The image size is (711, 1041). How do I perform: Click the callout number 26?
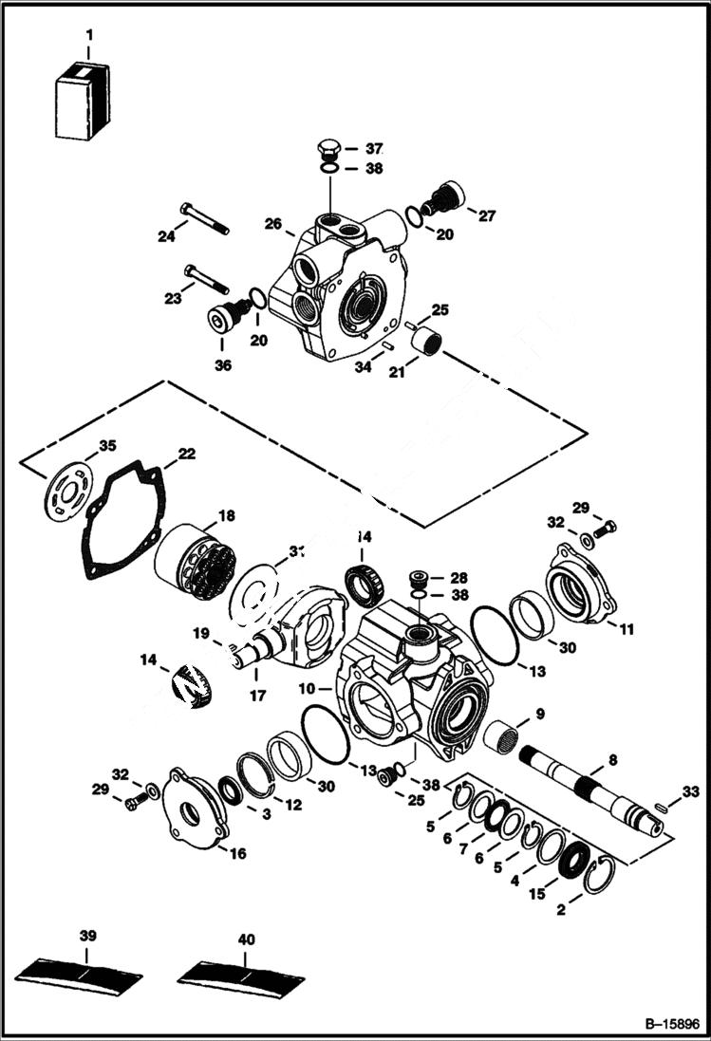tap(273, 225)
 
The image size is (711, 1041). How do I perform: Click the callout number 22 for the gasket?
tap(186, 455)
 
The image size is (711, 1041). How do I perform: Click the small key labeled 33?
tap(661, 808)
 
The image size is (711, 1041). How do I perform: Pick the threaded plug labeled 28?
tap(417, 577)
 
